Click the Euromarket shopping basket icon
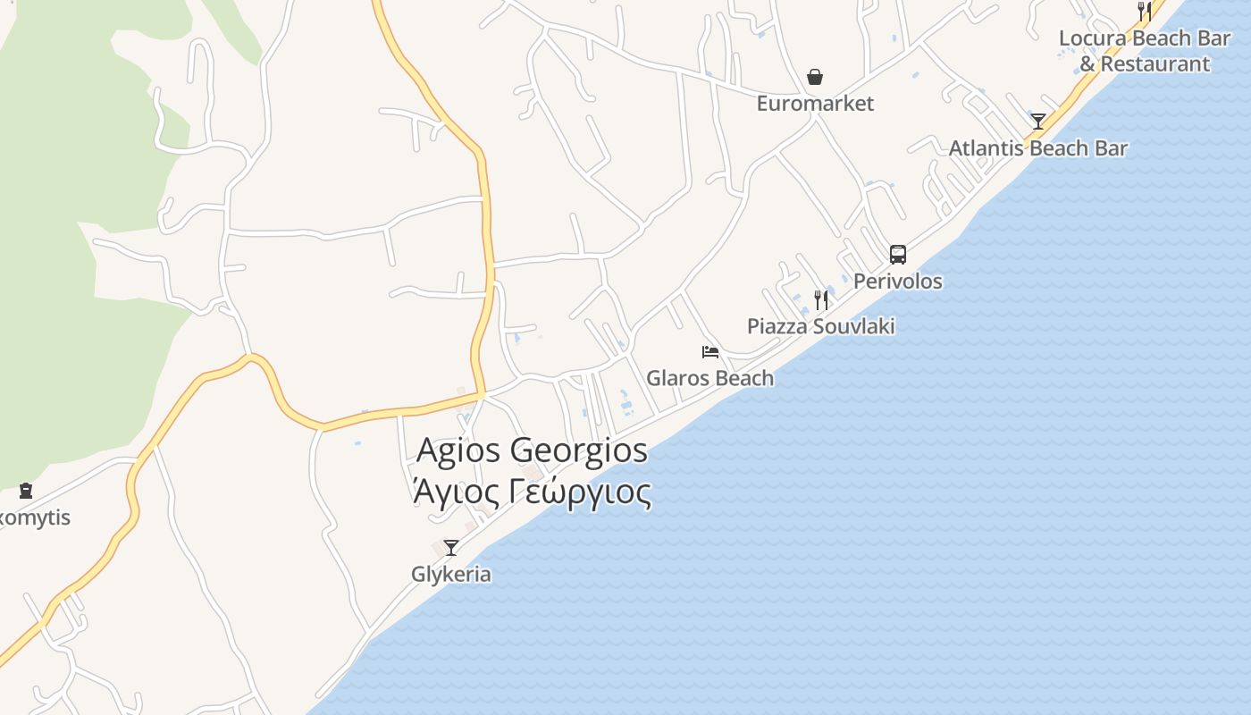pos(815,78)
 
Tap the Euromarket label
pos(815,104)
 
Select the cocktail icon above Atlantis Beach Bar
pos(1037,122)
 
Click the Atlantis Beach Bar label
pos(1037,148)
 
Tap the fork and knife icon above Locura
pos(1145,11)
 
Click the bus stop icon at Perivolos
pos(898,255)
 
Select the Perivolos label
pos(897,282)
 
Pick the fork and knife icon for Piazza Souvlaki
pos(820,300)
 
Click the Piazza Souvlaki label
pos(820,326)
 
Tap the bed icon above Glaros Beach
pos(710,352)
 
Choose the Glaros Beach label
pos(709,378)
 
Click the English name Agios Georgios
pos(532,450)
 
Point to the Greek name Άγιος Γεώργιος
pos(532,492)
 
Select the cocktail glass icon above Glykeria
pos(451,548)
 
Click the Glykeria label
pos(451,574)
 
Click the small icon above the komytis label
pos(26,491)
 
